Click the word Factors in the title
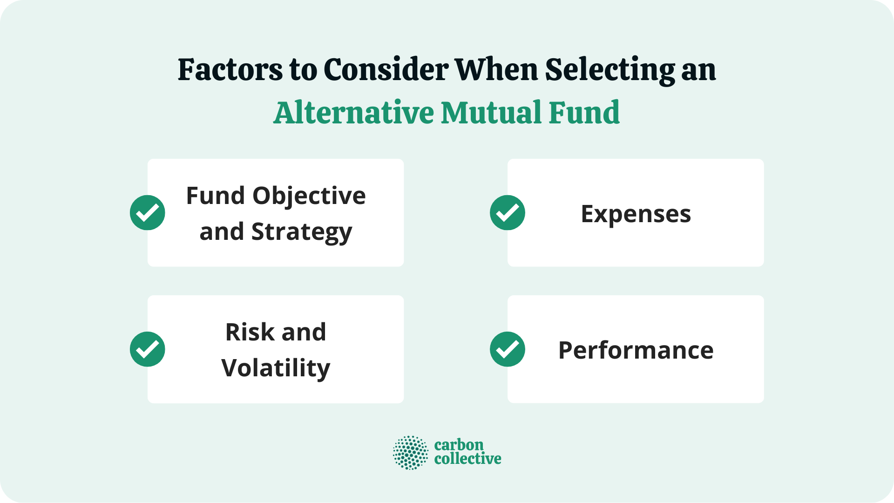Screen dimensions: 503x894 [230, 70]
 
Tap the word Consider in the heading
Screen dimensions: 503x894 [386, 70]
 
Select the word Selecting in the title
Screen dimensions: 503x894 [610, 70]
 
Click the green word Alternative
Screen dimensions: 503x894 [353, 113]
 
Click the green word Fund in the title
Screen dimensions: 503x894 [584, 113]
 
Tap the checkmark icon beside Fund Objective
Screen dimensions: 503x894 [148, 213]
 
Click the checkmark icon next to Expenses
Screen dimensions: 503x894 [508, 213]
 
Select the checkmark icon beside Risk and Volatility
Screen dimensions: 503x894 [148, 349]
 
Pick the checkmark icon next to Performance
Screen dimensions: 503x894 [508, 349]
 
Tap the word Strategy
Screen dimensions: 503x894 [302, 232]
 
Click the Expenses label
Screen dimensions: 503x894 [636, 214]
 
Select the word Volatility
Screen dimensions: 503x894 [276, 368]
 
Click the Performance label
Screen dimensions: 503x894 [636, 350]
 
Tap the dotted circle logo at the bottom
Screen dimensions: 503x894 [410, 453]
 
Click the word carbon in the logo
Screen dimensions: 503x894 [459, 445]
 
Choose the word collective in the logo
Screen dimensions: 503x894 [467, 459]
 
